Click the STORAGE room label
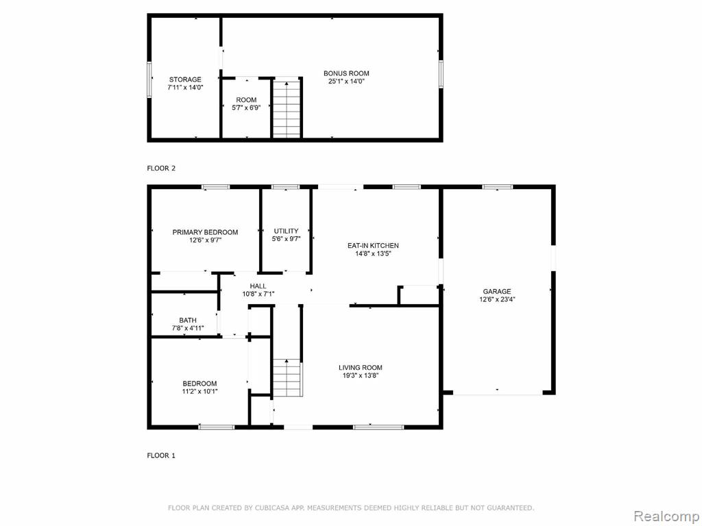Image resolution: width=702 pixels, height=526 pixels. point(185,79)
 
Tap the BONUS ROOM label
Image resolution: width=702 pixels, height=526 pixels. point(346,73)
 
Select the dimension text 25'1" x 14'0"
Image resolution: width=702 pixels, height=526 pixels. point(346,82)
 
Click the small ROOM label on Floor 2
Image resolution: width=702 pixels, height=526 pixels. point(246,100)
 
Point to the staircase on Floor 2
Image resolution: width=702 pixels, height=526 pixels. point(287,109)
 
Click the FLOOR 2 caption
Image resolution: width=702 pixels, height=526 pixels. point(161,168)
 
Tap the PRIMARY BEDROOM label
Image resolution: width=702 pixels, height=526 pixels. point(205,232)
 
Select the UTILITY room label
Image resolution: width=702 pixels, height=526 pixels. point(286,231)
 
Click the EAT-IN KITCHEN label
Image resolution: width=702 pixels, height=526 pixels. point(373,246)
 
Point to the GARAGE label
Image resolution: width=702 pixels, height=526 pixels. point(496,292)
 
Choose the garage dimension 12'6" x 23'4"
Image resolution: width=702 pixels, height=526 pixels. point(497,300)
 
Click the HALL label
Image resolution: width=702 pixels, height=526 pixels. point(258,286)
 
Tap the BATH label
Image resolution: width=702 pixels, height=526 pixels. point(188,321)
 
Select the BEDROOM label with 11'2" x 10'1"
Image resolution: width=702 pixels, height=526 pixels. point(199,384)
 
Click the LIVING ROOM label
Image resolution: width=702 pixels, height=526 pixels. point(361,368)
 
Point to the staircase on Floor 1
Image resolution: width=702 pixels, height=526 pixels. point(287,378)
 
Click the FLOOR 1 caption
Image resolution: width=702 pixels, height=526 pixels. point(161,455)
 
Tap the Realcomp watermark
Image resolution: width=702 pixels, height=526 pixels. point(666,516)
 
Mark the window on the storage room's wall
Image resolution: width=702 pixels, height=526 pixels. point(149,79)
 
